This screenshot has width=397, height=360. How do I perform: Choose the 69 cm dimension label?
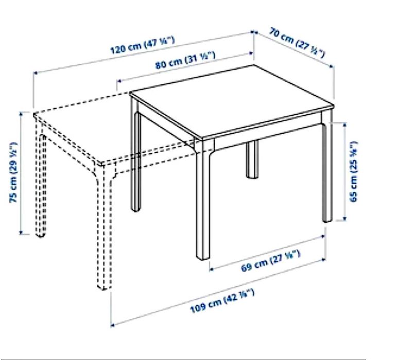click(x=271, y=259)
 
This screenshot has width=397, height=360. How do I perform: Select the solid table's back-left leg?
click(x=136, y=159)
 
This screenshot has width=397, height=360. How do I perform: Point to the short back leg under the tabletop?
click(x=252, y=159)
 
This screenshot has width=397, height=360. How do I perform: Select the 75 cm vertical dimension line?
click(x=21, y=173)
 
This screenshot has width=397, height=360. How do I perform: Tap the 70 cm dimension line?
click(x=294, y=49)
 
